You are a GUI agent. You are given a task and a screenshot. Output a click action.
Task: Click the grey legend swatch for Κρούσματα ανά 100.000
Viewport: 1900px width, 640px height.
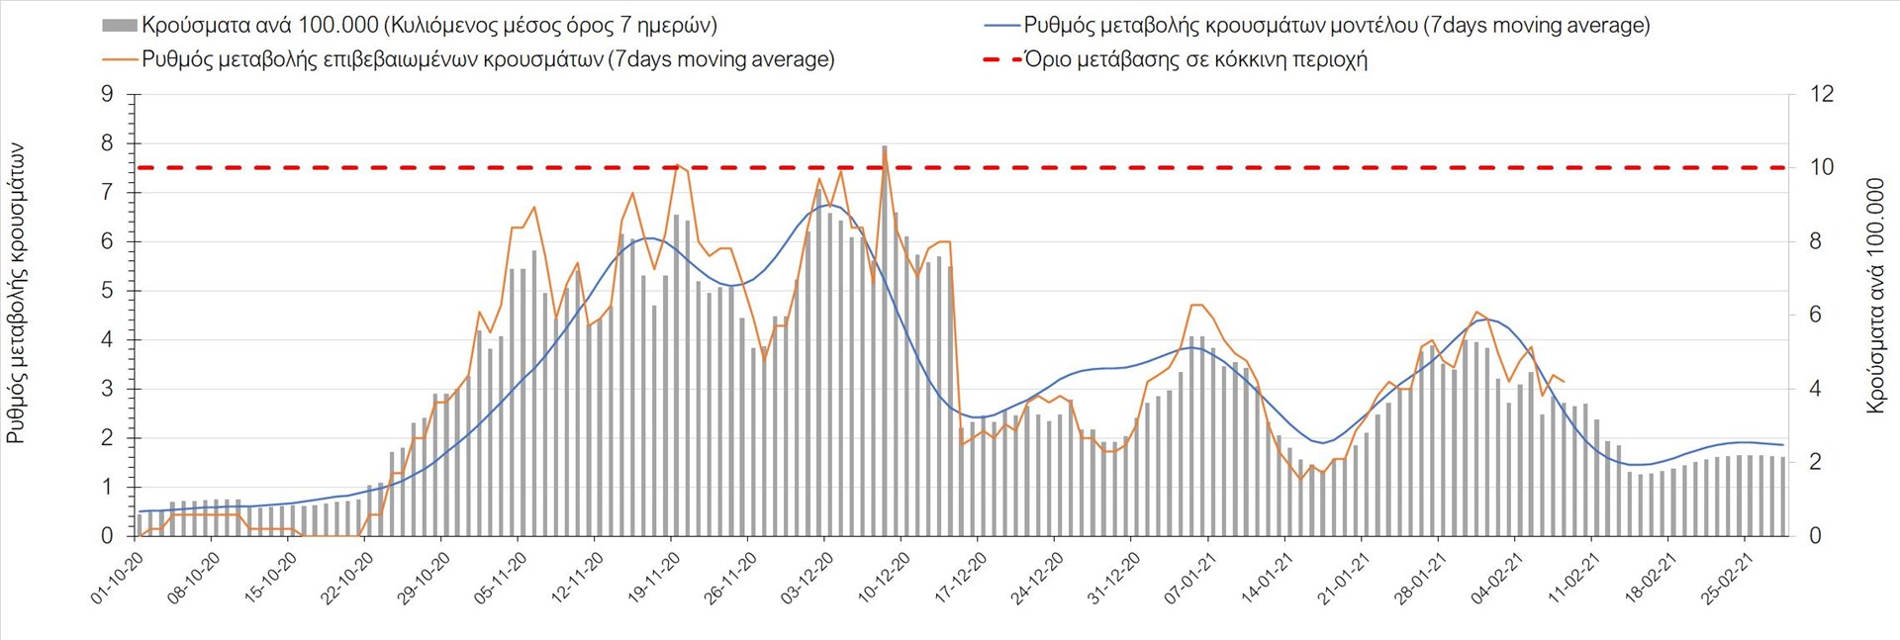click(119, 26)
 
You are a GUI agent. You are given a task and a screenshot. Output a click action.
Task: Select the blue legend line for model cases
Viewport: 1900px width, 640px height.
click(1001, 26)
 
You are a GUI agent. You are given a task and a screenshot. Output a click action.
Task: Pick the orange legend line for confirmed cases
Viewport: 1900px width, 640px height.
click(119, 59)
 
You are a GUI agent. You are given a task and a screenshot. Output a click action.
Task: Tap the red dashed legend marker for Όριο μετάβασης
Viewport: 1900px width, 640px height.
click(1001, 59)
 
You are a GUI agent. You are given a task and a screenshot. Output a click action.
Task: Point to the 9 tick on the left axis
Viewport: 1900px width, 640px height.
click(108, 95)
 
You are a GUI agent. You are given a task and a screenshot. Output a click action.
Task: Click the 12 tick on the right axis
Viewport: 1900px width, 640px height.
click(1821, 95)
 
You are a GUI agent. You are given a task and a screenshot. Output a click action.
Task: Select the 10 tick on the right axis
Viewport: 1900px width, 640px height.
click(1821, 168)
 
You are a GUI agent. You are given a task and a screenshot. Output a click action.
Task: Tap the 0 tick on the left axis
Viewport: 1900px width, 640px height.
click(108, 536)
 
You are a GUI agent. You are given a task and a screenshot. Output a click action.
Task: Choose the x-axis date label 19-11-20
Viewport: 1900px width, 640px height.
click(654, 578)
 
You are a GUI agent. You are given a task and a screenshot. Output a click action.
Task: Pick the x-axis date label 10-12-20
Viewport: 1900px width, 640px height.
click(884, 578)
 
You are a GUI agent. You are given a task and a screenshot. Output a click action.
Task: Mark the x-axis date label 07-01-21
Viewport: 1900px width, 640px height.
click(1190, 578)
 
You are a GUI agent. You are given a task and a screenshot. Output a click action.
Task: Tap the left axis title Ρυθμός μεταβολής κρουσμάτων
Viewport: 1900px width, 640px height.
click(16, 293)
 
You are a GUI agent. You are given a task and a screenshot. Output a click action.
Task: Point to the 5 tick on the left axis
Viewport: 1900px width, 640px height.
click(108, 291)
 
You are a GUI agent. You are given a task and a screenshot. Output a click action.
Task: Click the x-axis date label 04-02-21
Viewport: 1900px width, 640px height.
click(1497, 578)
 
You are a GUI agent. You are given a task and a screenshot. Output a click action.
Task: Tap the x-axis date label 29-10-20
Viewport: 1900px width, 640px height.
click(425, 578)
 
